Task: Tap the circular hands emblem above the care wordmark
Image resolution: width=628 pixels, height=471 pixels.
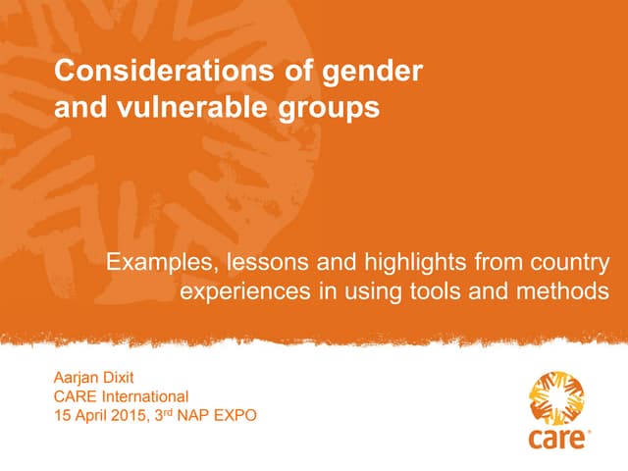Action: click(x=555, y=395)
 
